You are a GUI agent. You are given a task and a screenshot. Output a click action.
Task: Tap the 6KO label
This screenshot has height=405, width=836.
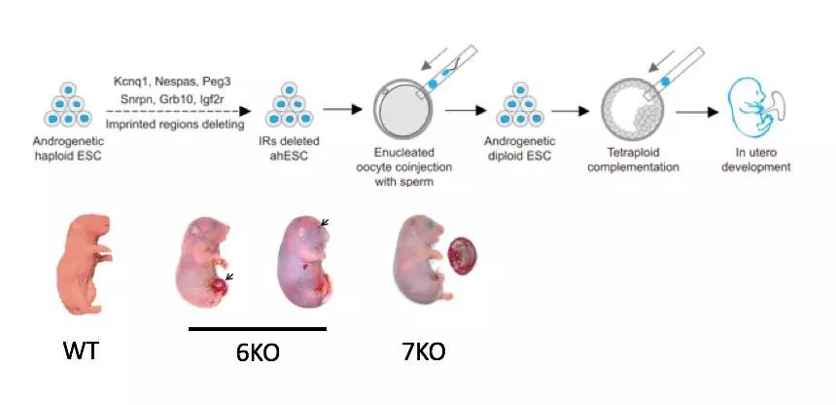tap(258, 352)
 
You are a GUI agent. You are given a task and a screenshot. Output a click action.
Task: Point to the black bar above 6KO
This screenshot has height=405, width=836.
tap(258, 329)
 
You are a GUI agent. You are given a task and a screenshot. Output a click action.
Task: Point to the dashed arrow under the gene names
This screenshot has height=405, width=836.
tap(185, 112)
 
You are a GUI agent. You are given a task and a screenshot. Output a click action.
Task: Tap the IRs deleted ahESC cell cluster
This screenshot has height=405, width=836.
tap(294, 108)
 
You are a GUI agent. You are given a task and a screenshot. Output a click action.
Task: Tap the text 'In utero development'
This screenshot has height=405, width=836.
tap(762, 158)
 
